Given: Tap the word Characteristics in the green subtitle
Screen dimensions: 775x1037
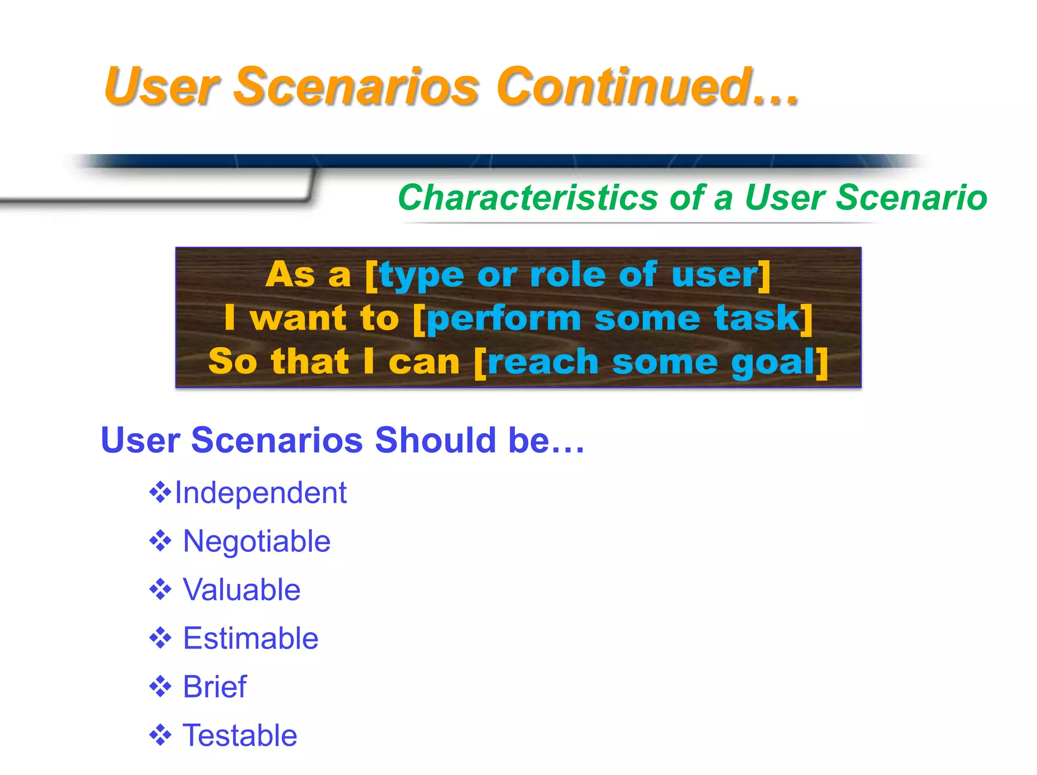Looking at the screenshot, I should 527,197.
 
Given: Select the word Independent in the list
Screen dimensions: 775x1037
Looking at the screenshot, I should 261,493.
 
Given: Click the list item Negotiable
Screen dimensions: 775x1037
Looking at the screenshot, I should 257,541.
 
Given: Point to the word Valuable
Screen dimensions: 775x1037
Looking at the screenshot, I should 242,590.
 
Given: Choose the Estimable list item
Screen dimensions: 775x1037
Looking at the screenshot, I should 251,638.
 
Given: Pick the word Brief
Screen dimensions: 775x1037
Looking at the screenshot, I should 215,687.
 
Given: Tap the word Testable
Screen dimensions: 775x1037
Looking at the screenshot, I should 240,736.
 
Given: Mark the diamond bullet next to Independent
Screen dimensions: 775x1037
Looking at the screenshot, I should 161,493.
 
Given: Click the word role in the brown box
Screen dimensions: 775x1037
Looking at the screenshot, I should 568,275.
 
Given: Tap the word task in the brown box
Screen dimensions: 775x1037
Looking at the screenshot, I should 756,318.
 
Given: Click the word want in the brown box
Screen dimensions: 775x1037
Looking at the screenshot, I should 298,318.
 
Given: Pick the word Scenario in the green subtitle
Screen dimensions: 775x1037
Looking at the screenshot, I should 911,197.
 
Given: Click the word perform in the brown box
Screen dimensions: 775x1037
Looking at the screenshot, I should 504,319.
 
